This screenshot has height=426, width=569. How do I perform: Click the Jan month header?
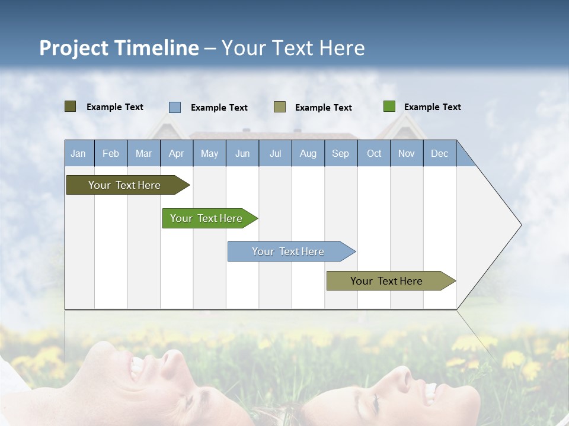[x=79, y=153]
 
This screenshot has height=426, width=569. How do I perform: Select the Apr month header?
[x=177, y=153]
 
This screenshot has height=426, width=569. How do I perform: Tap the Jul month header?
[x=275, y=153]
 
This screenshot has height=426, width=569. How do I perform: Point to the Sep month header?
[x=341, y=153]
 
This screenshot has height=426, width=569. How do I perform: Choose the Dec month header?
[x=439, y=153]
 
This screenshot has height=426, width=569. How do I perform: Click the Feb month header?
[x=111, y=153]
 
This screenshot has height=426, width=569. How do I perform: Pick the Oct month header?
[x=374, y=153]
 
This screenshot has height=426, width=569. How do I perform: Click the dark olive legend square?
[x=70, y=106]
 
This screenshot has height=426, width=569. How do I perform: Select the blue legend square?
[x=175, y=107]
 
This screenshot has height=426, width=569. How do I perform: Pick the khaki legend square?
[x=280, y=107]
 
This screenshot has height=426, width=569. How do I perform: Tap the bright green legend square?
[x=389, y=106]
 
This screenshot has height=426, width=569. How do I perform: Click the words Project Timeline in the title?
[x=119, y=48]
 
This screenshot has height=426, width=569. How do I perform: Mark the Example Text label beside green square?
[x=432, y=107]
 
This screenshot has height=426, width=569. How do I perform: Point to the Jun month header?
[x=242, y=153]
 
